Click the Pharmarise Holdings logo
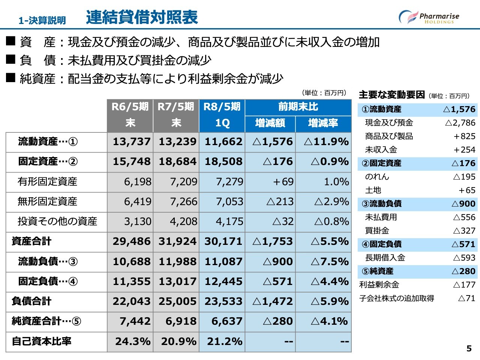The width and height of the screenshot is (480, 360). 429,17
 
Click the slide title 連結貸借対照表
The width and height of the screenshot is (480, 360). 142,17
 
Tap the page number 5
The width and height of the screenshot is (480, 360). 469,349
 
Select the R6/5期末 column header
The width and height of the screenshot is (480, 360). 130,115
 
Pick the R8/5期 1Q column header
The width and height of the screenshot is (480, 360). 222,115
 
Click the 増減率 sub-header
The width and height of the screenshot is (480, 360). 323,123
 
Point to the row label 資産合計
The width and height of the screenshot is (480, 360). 31,241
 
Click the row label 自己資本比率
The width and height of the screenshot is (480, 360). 42,342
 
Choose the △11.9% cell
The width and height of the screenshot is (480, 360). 326,142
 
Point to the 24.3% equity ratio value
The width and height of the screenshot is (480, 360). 133,342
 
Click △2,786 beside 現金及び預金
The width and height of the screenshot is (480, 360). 460,123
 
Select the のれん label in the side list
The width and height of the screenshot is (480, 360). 377,177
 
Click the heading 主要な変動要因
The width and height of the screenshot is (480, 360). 391,95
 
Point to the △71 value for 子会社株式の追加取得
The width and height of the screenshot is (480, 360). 467,298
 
